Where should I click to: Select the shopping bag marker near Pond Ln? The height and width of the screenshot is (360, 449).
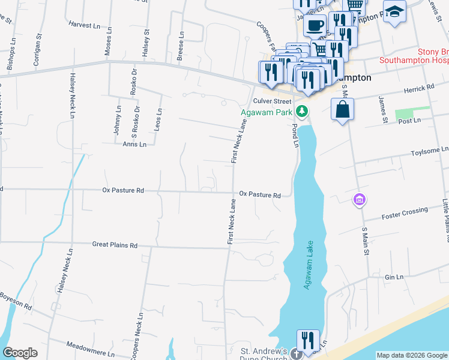click(342, 109)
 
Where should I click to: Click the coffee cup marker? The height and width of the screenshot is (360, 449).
click(315, 25)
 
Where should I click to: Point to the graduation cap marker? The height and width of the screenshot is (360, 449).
click(394, 11)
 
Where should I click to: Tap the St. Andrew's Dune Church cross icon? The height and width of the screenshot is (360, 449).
click(295, 354)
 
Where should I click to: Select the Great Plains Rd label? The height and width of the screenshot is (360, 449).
click(115, 245)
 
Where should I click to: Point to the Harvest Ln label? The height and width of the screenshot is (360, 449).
click(84, 25)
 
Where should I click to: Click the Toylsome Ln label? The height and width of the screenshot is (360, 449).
click(429, 151)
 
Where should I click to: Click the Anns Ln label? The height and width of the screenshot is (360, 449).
click(130, 144)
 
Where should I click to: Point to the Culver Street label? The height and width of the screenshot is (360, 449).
click(272, 101)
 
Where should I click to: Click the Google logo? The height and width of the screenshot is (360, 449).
click(20, 353)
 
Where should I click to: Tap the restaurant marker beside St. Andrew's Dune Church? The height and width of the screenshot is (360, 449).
click(308, 340)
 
